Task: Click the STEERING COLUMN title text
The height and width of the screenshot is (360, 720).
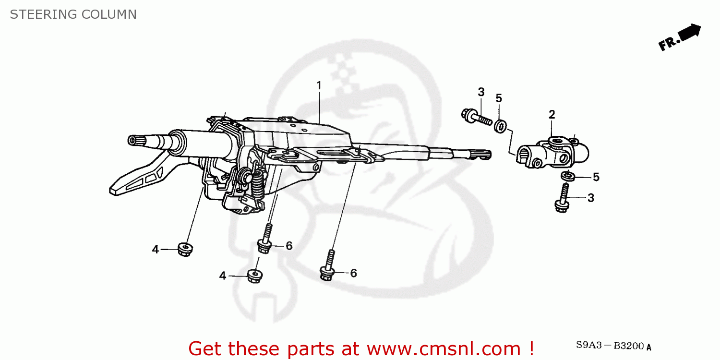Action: [x=73, y=14]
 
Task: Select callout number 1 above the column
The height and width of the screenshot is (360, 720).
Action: [x=319, y=85]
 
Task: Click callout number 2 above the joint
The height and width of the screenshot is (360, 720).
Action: [x=552, y=114]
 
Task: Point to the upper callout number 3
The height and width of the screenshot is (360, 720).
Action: [x=481, y=92]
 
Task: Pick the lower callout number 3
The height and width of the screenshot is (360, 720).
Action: [x=590, y=198]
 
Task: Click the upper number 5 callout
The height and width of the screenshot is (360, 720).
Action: [x=499, y=98]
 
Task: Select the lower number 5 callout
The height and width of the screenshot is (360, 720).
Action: [x=596, y=177]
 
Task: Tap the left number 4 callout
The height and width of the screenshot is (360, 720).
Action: [x=156, y=250]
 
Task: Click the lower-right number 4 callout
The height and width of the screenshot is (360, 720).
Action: [x=223, y=276]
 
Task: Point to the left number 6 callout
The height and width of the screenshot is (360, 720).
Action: [x=289, y=246]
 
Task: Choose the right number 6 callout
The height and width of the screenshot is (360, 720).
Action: [x=353, y=273]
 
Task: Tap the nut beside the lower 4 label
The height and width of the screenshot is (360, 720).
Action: [x=254, y=276]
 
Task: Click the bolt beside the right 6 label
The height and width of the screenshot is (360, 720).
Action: [x=328, y=266]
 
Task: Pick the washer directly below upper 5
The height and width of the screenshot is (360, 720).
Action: [x=500, y=126]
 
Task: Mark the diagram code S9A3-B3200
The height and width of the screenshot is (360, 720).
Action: [x=614, y=346]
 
